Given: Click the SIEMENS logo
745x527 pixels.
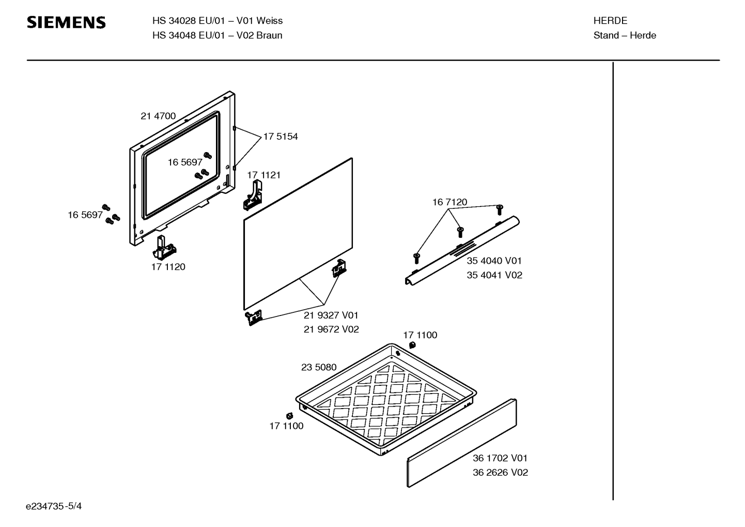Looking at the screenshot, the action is (x=66, y=22).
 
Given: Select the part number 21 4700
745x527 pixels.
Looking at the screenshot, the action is (x=158, y=116).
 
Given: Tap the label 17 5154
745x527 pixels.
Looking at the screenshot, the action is (x=281, y=137).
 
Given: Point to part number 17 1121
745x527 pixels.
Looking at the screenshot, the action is (x=263, y=175).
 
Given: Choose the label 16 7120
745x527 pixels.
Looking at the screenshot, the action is (x=449, y=202).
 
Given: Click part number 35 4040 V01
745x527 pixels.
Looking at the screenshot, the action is (x=494, y=261).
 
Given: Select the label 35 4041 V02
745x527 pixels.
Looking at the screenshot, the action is (x=494, y=275).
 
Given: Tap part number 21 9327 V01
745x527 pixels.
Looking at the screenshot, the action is (x=331, y=315).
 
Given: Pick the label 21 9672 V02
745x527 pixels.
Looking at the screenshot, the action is (x=331, y=329).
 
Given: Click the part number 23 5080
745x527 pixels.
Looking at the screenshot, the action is (x=319, y=367).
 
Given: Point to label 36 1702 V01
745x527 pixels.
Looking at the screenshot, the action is (x=500, y=458).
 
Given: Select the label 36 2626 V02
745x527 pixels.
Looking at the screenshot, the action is (x=501, y=472).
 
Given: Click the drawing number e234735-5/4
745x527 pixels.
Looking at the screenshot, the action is (x=54, y=506).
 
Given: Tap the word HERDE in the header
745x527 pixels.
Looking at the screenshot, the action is (x=610, y=21).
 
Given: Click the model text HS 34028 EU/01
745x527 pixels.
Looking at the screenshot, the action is (x=189, y=21).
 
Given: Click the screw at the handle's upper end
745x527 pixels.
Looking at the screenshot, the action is (x=499, y=210).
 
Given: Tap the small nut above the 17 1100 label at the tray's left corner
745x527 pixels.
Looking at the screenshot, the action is (x=289, y=416).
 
